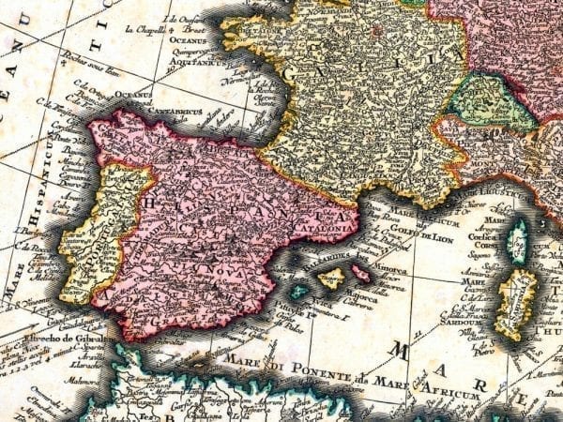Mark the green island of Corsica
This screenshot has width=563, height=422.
tap(517, 241)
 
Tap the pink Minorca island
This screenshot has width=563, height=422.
tap(358, 273)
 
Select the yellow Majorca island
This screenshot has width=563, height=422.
tap(331, 278)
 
